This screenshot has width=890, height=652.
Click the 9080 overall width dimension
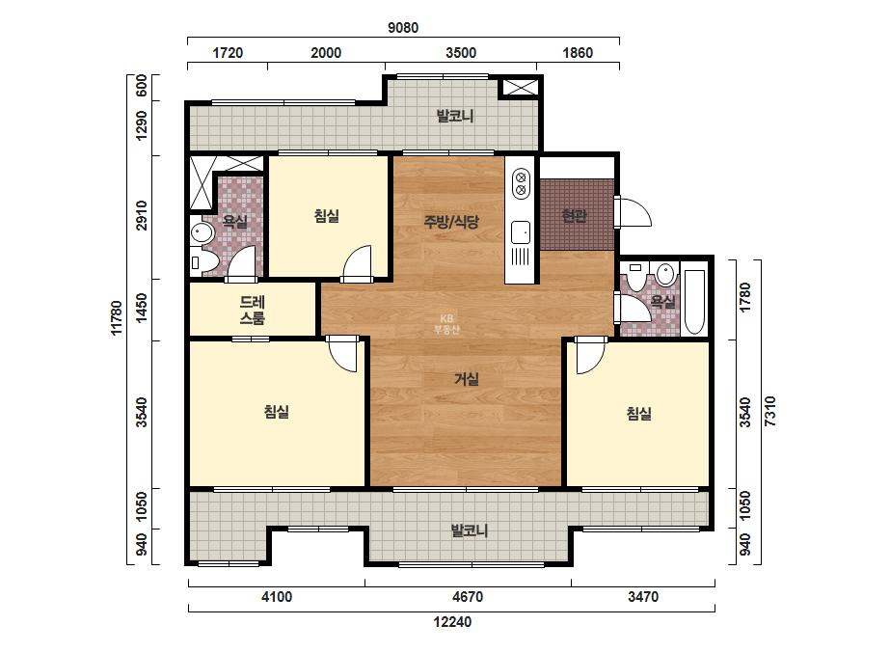tap(403, 27)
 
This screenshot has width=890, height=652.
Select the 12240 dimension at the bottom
tap(452, 622)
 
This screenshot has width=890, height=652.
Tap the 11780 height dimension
tap(117, 318)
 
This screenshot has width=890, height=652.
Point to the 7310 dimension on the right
tap(770, 412)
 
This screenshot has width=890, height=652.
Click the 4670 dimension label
tap(468, 597)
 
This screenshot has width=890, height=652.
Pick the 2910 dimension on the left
tap(142, 216)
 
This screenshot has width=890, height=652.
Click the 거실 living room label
tap(467, 379)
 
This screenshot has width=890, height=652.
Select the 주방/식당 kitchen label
tap(451, 222)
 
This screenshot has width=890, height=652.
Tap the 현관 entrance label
tap(574, 216)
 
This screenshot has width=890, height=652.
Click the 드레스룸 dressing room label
tap(252, 311)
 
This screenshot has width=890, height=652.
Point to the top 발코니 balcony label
tap(455, 117)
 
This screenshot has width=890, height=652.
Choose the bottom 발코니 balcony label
tap(470, 531)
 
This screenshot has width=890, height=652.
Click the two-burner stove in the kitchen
tap(521, 183)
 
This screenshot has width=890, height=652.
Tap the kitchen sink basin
tap(521, 232)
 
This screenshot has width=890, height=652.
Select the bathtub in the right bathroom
tap(695, 302)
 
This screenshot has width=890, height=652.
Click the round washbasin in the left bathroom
tap(201, 232)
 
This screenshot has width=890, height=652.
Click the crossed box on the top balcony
tap(520, 87)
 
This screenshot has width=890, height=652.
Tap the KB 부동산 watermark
tap(446, 324)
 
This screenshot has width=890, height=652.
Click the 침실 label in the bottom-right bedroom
tap(639, 413)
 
